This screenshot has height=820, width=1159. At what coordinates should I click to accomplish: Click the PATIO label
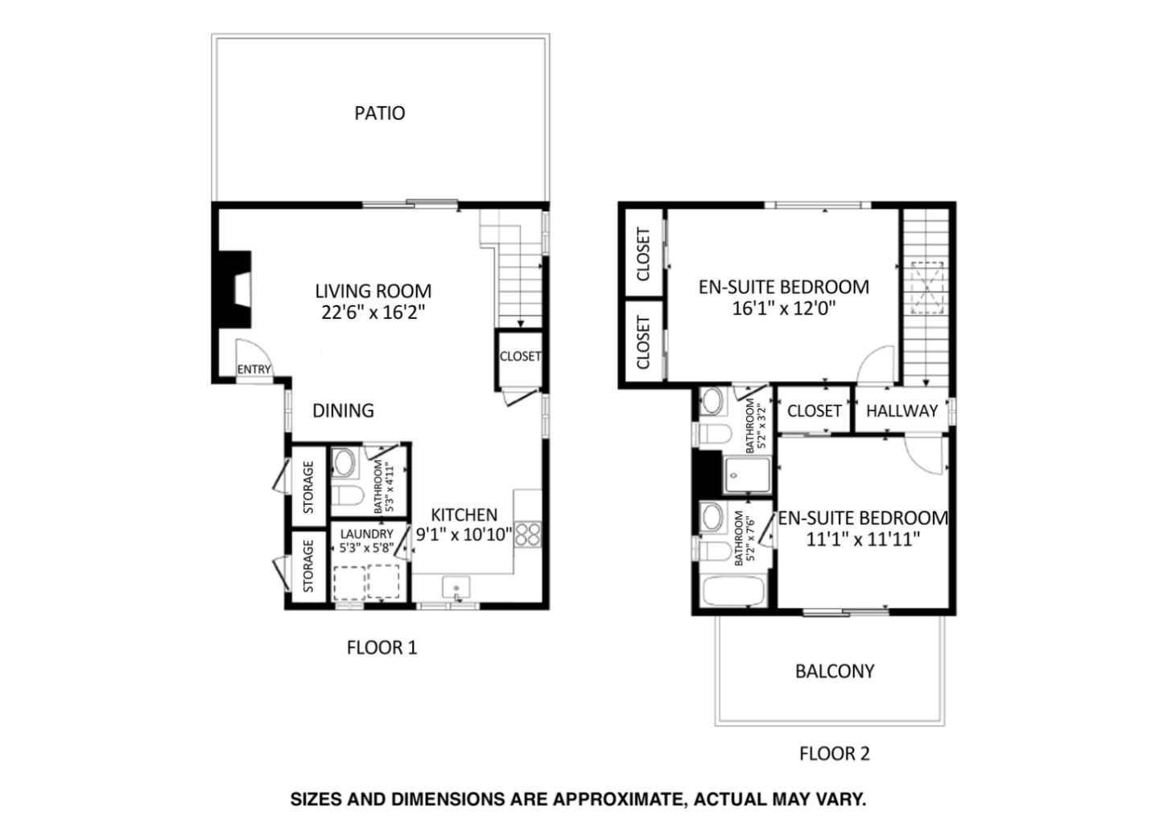click(x=379, y=113)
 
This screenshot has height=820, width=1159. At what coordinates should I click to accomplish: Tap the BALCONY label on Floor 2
click(x=834, y=671)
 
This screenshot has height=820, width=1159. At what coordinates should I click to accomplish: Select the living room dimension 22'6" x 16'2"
click(x=373, y=313)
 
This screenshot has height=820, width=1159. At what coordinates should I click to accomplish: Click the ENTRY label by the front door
click(x=254, y=370)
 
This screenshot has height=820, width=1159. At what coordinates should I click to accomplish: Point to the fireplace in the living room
click(x=234, y=289)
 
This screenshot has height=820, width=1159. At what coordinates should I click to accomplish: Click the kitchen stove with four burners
click(x=528, y=535)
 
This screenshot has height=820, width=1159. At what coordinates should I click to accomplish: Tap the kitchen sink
click(x=456, y=589)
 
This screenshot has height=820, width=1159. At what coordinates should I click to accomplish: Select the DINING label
click(x=343, y=411)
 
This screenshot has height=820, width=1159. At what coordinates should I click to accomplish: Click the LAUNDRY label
click(x=366, y=534)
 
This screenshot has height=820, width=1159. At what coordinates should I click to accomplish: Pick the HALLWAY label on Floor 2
click(x=901, y=411)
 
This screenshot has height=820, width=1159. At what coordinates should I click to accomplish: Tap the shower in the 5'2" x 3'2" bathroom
click(x=748, y=474)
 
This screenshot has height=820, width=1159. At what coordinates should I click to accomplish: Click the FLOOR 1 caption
click(x=382, y=647)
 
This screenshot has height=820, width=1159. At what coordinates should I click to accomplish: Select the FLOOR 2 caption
click(x=834, y=754)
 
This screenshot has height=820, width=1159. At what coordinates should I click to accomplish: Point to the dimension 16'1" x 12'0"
click(x=783, y=308)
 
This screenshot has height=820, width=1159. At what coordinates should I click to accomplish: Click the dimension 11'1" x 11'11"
click(x=863, y=539)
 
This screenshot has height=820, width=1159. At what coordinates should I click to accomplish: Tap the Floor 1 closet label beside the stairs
click(x=519, y=356)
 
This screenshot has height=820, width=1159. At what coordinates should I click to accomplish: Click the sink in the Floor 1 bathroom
click(x=344, y=463)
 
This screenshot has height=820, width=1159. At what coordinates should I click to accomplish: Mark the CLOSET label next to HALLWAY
click(x=814, y=411)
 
